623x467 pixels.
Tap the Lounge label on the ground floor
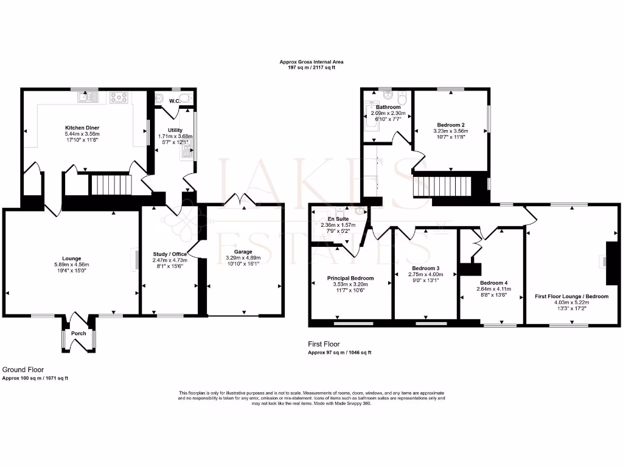(71, 258)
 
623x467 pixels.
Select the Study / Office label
(170, 254)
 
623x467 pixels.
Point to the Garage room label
(243, 252)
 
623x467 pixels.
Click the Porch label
(78, 333)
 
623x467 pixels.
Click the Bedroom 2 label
(451, 125)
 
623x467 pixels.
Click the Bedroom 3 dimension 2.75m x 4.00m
(425, 274)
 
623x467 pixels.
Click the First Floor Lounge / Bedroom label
(571, 296)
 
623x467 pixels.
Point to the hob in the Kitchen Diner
(118, 95)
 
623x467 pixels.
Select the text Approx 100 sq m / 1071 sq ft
(35, 378)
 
